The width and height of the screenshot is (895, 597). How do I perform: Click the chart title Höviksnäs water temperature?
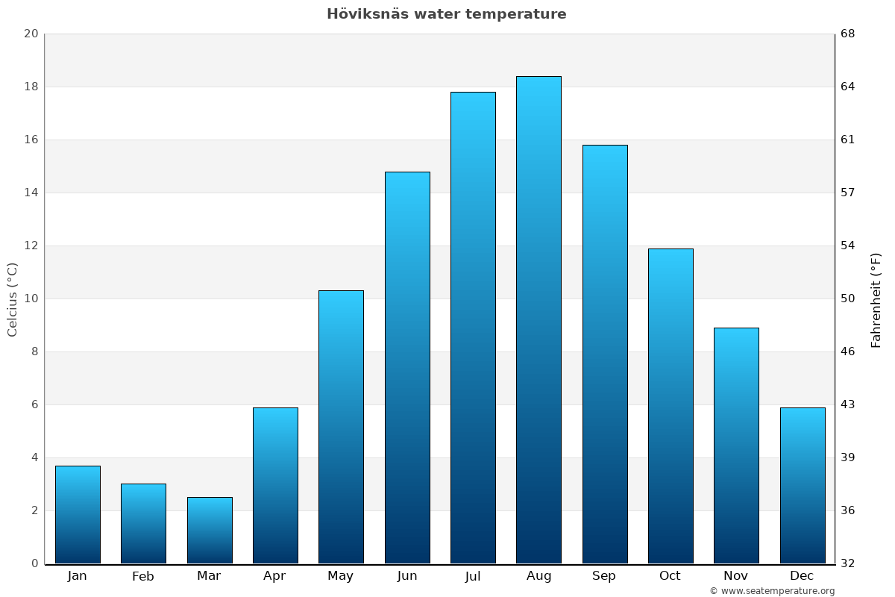(446, 14)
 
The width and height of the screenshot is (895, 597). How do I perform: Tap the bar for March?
(210, 530)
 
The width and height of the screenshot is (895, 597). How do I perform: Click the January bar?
(78, 514)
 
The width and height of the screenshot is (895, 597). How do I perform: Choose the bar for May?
(341, 427)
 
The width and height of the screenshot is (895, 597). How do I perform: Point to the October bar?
(671, 406)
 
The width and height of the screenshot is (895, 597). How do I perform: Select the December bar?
(803, 485)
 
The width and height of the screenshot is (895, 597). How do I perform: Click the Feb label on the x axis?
(143, 576)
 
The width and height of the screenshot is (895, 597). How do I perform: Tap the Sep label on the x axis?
(604, 576)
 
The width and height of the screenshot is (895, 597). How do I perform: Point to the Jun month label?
(407, 576)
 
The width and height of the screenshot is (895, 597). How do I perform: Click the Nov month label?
(736, 576)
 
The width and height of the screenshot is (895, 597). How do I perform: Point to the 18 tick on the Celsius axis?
(31, 87)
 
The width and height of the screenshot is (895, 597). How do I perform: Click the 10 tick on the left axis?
(31, 298)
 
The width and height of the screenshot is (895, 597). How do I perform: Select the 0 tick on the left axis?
(34, 563)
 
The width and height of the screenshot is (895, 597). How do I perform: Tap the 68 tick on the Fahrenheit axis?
(849, 34)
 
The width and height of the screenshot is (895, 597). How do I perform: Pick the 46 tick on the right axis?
(849, 351)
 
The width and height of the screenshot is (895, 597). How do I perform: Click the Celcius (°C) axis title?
(12, 299)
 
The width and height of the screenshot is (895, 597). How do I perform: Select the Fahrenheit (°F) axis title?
(876, 299)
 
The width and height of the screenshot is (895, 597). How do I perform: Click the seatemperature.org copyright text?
(772, 591)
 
